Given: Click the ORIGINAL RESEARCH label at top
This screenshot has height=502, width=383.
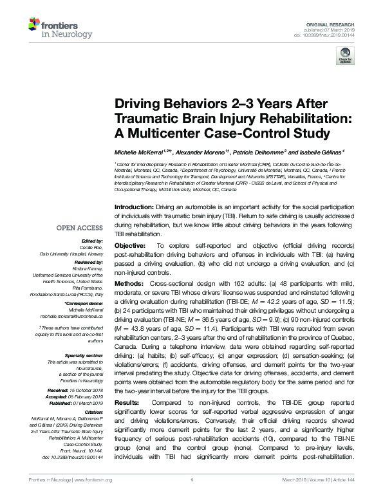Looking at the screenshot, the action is [x=340, y=23].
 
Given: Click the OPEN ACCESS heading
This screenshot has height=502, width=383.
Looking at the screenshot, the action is [x=80, y=228].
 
